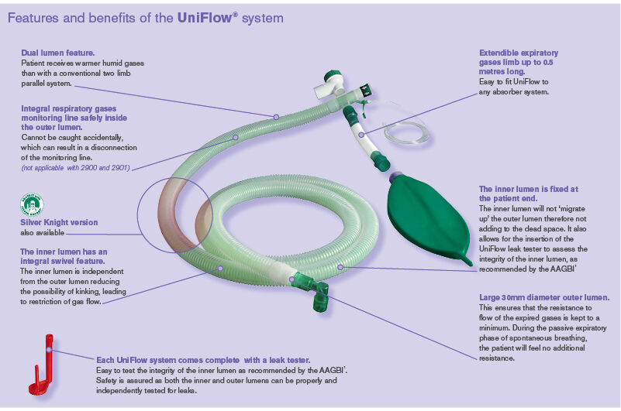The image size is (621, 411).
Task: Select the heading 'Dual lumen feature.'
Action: (58, 52)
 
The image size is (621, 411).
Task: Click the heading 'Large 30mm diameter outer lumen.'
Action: (543, 298)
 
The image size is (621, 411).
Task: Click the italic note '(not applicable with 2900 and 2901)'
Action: (74, 167)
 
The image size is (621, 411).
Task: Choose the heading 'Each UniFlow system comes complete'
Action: (203, 360)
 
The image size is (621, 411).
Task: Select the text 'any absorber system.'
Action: (514, 92)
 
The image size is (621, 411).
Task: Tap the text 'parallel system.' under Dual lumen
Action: (47, 82)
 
